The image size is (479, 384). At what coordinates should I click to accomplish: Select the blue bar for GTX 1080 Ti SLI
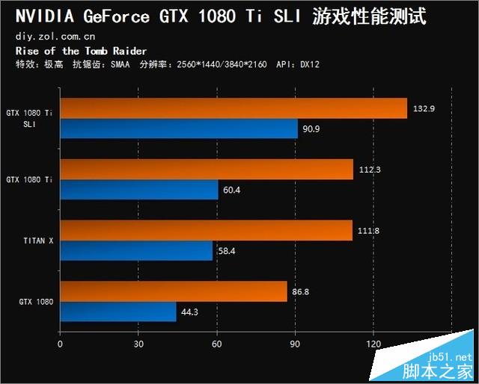tap(179, 128)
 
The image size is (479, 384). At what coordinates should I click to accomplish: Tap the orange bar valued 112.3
tap(207, 170)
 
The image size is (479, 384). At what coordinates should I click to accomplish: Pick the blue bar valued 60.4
tap(139, 190)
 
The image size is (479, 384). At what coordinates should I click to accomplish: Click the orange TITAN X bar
tap(206, 230)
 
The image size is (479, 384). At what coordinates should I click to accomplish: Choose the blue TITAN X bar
tap(137, 250)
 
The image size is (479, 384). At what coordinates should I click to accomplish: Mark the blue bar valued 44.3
tap(118, 312)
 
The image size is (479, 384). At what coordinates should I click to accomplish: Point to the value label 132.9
tap(423, 108)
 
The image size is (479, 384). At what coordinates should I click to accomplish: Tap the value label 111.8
tap(367, 231)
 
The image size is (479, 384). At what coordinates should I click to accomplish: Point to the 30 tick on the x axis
tap(138, 344)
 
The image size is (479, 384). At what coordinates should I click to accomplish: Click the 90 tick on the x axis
tap(295, 344)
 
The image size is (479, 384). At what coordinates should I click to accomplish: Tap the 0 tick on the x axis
tap(60, 344)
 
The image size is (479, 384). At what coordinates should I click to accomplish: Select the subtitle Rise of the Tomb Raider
tap(81, 50)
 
